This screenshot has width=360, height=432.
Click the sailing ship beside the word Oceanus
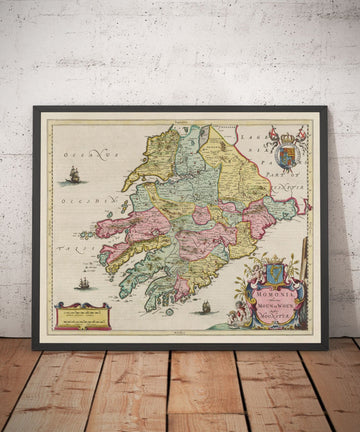point(73,176)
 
